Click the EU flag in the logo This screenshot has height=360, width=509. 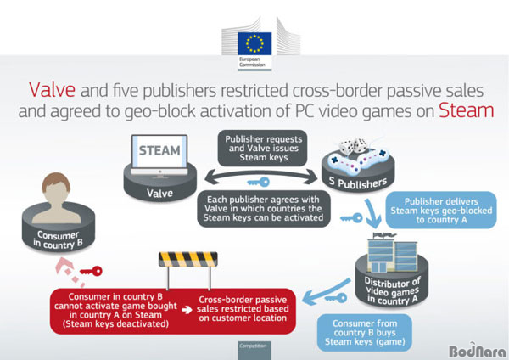pyautogui.click(x=255, y=43)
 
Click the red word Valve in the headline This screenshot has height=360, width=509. pyautogui.click(x=52, y=90)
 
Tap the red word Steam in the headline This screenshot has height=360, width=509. pyautogui.click(x=466, y=110)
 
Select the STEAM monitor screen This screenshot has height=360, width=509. pyautogui.click(x=159, y=151)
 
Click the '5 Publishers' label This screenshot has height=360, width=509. pyautogui.click(x=358, y=183)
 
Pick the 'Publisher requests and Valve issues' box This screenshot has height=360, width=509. pyautogui.click(x=263, y=148)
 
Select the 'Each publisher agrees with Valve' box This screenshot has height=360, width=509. pyautogui.click(x=264, y=209)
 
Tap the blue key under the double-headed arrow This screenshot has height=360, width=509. pyautogui.click(x=259, y=182)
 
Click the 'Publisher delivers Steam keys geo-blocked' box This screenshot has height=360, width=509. pyautogui.click(x=441, y=211)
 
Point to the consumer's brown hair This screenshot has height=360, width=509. pyautogui.click(x=56, y=182)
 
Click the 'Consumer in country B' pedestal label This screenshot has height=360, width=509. pyautogui.click(x=58, y=239)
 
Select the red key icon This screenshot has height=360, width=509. pyautogui.click(x=92, y=271)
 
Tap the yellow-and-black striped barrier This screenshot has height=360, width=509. pyautogui.click(x=188, y=259)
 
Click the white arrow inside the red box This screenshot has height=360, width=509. pyautogui.click(x=187, y=310)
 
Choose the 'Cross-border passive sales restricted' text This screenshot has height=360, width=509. pyautogui.click(x=243, y=309)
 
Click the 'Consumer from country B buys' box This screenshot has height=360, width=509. pyautogui.click(x=365, y=332)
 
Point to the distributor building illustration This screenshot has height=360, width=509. pyautogui.click(x=392, y=253)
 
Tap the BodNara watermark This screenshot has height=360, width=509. pyautogui.click(x=477, y=351)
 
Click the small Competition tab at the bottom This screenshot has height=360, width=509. pyautogui.click(x=255, y=350)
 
